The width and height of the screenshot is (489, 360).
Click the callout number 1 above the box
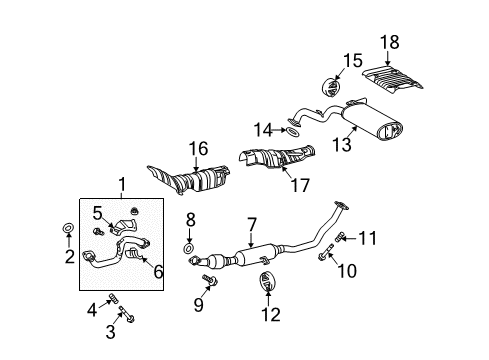click(x=122, y=184)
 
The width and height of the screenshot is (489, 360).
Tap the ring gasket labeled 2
click(x=67, y=230)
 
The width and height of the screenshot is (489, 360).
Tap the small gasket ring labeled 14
click(x=290, y=130)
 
